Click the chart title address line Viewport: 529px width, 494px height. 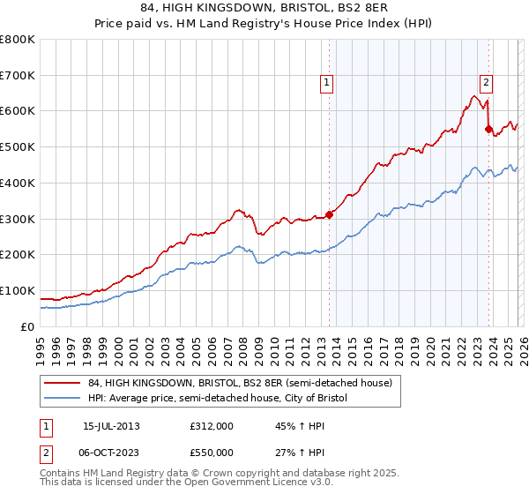tap(264, 10)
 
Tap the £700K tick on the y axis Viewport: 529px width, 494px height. tap(18, 76)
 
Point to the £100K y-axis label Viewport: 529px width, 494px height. tap(18, 290)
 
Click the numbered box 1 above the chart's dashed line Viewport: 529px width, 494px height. tap(327, 84)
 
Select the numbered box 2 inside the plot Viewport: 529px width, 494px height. tap(487, 84)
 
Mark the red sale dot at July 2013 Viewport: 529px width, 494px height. tap(329, 213)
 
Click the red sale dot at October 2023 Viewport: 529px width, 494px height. tap(488, 129)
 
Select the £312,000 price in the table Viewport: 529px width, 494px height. tap(211, 426)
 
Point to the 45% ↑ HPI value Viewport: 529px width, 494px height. tap(294, 426)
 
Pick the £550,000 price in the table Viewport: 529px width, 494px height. tap(211, 452)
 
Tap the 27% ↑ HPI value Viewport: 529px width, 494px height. tap(294, 452)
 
